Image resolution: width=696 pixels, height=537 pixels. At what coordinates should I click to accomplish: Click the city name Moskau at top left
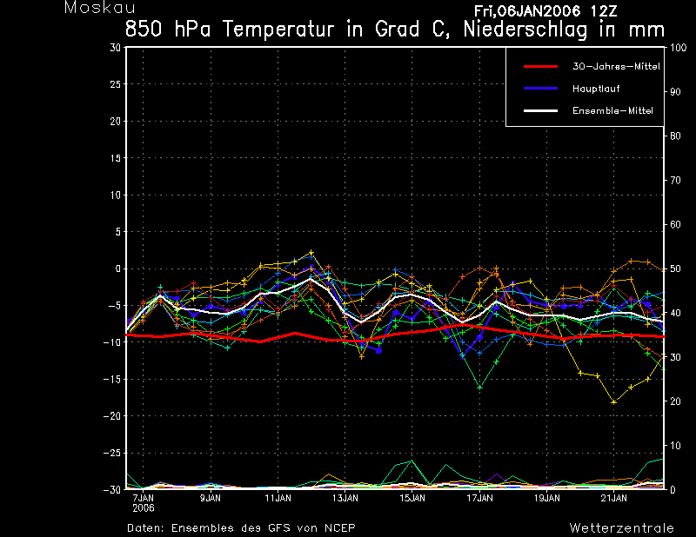click(99, 8)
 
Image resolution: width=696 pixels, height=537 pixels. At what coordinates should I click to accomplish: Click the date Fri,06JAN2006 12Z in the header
click(545, 10)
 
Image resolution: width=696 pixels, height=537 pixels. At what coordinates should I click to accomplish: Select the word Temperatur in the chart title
click(278, 30)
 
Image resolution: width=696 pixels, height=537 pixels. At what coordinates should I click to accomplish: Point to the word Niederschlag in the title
click(525, 30)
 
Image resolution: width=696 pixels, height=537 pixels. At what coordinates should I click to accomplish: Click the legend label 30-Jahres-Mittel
click(616, 67)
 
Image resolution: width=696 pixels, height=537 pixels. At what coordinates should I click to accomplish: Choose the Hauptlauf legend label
click(596, 89)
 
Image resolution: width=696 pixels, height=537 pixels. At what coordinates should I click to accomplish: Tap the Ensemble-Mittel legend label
click(612, 111)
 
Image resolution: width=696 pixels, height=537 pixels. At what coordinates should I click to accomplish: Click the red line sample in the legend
click(540, 67)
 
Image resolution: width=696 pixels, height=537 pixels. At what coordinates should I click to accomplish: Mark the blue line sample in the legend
click(540, 89)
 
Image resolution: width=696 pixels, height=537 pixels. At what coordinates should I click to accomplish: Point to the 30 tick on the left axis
click(116, 48)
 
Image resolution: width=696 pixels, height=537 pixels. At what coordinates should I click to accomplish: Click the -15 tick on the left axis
click(112, 379)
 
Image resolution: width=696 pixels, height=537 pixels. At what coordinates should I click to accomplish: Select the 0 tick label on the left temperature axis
click(118, 268)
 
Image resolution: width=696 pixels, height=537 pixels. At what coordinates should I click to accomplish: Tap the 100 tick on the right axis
click(678, 48)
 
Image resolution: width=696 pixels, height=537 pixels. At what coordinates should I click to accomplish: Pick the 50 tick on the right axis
click(675, 268)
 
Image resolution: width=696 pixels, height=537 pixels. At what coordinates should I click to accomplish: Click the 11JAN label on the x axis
click(278, 498)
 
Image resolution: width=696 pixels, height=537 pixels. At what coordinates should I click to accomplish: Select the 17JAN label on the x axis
click(479, 498)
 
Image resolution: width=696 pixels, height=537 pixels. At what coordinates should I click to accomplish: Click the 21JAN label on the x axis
click(614, 498)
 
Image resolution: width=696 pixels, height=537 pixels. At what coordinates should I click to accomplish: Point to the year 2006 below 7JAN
click(143, 508)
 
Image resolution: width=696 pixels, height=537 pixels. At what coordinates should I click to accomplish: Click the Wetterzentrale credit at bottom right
click(621, 528)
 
